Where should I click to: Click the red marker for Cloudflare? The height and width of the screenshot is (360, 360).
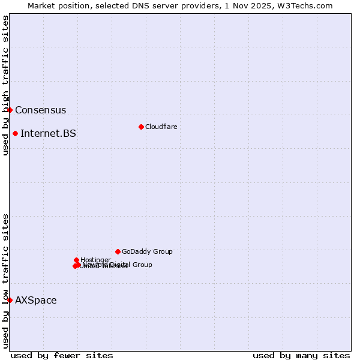pos(141,127)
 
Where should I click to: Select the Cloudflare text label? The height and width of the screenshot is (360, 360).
pos(161,127)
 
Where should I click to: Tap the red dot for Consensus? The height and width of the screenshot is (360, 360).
pos(10,110)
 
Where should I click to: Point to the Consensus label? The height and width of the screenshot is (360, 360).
pos(40,110)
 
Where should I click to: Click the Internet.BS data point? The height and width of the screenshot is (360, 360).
pos(15,133)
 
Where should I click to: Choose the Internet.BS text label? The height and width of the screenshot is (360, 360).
pos(48,134)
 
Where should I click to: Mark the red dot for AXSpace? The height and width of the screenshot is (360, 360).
pos(10,300)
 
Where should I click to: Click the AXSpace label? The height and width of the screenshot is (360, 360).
pos(35,301)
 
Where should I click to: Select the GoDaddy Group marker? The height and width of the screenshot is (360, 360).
pos(118,251)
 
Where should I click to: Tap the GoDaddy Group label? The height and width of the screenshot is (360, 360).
pos(146,252)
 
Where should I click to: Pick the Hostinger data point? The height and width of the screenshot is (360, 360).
pos(77,260)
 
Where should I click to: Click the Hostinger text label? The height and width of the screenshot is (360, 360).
pos(95,260)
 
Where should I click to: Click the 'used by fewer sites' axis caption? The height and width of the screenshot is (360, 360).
pos(62,355)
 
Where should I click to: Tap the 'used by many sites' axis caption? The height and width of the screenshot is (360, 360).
pos(301,355)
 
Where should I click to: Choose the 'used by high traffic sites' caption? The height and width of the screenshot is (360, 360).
pos(5,85)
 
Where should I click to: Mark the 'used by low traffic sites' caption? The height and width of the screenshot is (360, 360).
pos(5,280)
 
